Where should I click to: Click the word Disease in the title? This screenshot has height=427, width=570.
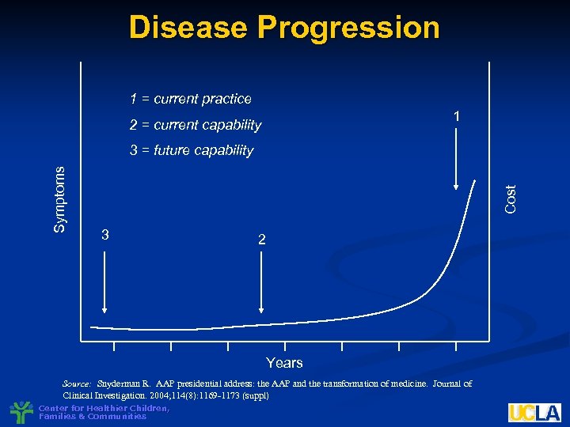(x=187, y=28)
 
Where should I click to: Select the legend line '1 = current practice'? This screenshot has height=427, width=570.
(x=191, y=99)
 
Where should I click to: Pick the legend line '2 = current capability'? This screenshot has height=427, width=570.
(x=196, y=125)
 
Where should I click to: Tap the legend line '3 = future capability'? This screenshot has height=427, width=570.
(x=192, y=150)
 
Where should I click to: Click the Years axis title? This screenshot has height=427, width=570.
(x=284, y=363)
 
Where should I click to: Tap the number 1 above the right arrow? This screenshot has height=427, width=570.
(x=456, y=117)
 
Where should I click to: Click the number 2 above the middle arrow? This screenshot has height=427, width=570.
(x=262, y=239)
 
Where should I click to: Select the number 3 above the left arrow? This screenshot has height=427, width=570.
(x=105, y=235)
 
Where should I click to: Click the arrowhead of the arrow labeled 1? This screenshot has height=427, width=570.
(x=456, y=187)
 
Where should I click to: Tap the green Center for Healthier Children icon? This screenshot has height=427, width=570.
(x=21, y=412)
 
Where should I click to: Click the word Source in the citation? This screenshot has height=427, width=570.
(x=78, y=384)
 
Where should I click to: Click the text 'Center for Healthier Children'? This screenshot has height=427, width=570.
(x=103, y=408)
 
